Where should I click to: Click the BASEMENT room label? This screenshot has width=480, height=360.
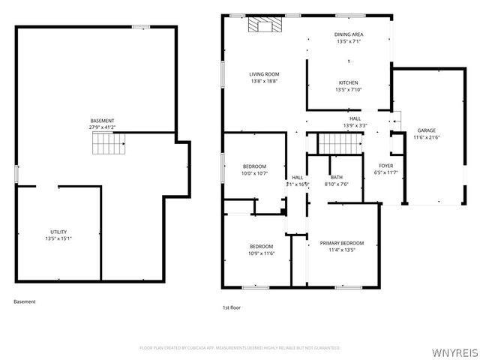(103, 121)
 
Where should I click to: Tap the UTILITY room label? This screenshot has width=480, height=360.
(58, 232)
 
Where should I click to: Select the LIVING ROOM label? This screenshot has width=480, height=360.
(264, 74)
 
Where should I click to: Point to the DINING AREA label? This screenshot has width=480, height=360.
(348, 35)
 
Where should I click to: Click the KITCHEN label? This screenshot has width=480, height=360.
(348, 82)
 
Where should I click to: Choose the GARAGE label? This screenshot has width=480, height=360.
(426, 130)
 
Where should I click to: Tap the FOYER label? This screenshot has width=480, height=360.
(385, 166)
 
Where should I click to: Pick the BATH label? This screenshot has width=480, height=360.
(336, 178)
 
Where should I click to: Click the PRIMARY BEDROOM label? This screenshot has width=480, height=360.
(341, 243)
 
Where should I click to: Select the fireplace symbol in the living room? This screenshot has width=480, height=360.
(267, 26)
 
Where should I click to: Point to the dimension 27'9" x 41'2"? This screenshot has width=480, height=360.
(103, 127)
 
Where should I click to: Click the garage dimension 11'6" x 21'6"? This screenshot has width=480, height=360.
(426, 137)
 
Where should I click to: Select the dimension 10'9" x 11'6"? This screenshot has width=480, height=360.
(261, 253)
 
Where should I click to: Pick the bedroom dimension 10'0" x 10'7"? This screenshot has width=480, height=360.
(254, 173)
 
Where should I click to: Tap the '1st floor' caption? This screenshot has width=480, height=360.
(232, 307)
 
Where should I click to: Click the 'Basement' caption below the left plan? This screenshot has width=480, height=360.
(24, 301)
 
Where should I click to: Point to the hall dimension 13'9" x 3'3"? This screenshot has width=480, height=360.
(355, 125)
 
